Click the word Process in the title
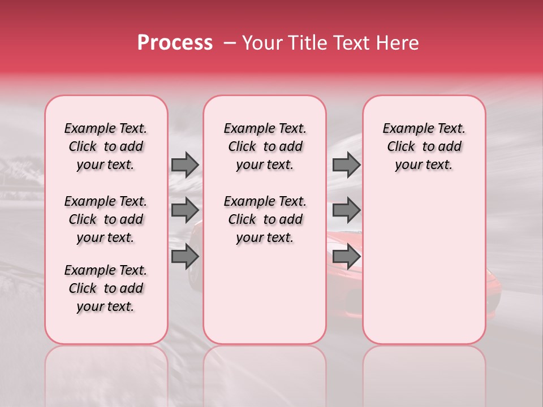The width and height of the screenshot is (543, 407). [x=175, y=43]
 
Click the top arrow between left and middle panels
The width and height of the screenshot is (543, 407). [x=184, y=164]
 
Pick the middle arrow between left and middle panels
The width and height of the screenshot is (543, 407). [x=184, y=210]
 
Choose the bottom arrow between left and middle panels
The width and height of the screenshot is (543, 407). [x=184, y=257]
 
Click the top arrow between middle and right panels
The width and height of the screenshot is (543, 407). [x=346, y=164]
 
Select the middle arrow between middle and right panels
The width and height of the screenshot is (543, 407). [x=346, y=210]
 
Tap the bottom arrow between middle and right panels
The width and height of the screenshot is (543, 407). [x=346, y=257]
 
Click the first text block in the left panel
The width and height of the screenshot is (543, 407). [x=106, y=146]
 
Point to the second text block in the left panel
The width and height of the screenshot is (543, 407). [x=106, y=219]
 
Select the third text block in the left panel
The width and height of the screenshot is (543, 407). [x=106, y=288]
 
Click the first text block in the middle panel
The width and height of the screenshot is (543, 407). [x=265, y=146]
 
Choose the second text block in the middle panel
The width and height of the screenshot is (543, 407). [x=265, y=219]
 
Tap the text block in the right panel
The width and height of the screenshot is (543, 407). [x=424, y=146]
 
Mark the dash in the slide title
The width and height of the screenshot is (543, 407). [x=230, y=43]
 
